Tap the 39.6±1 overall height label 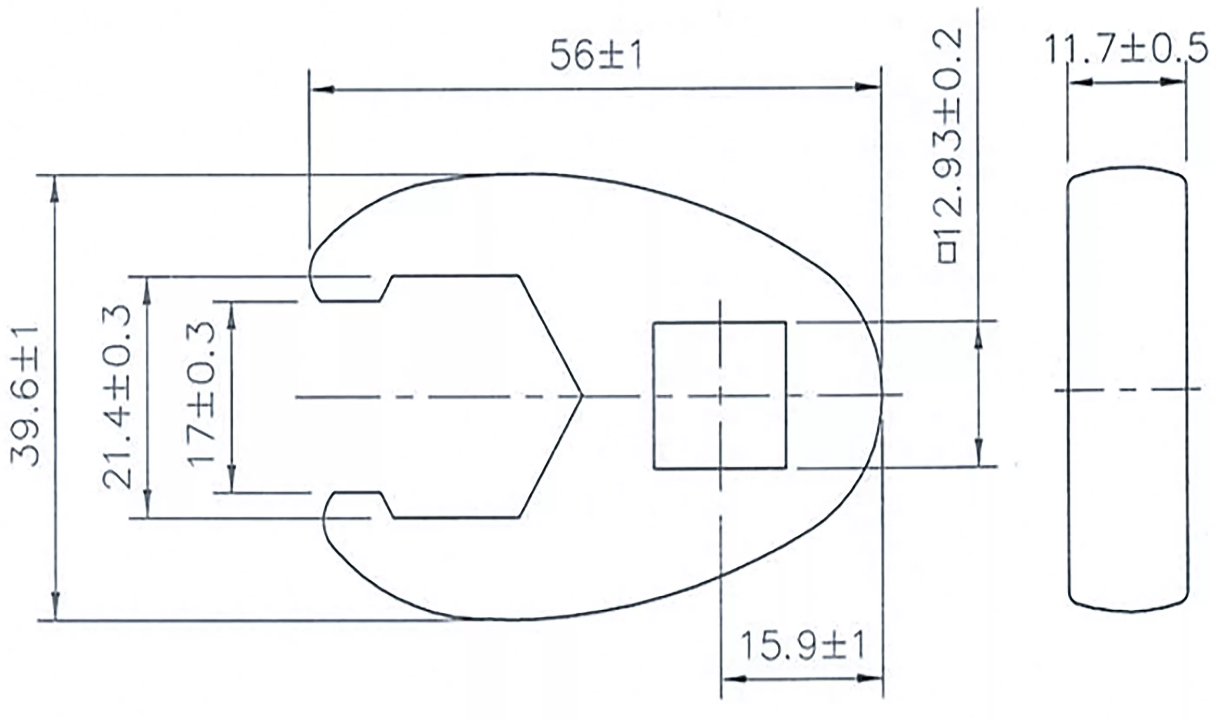click(25, 396)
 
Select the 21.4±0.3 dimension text click(116, 396)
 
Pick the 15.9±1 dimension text click(803, 646)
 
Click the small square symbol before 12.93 click(948, 253)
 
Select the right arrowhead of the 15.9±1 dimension click(872, 679)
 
